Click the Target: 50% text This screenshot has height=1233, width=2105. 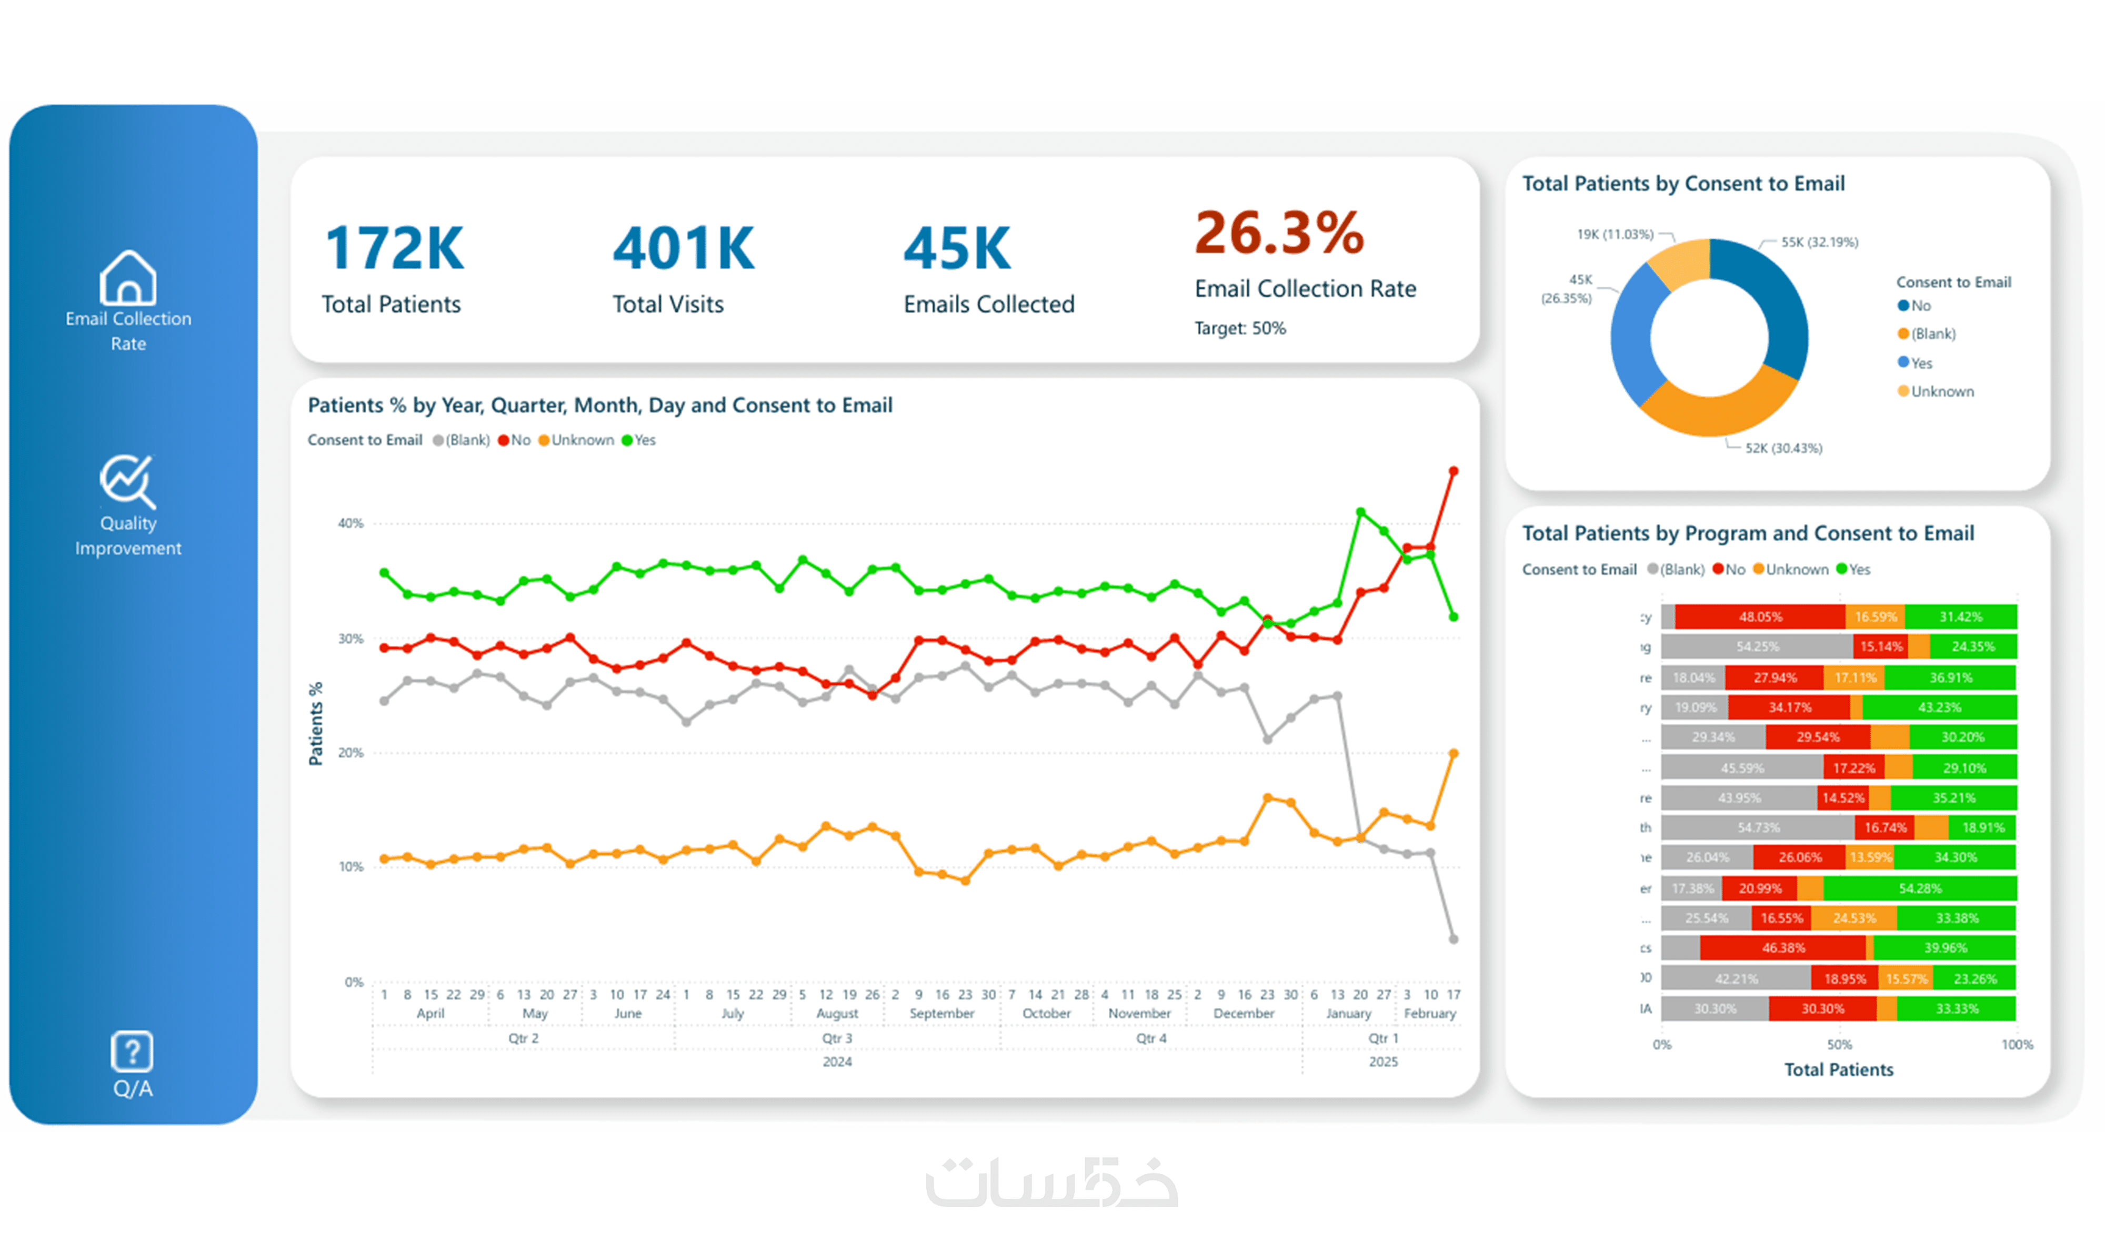[1240, 328]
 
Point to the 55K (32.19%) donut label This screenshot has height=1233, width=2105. [1819, 242]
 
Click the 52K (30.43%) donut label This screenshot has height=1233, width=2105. [1783, 448]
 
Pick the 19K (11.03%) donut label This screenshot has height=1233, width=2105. [1614, 235]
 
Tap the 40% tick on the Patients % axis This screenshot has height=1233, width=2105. [351, 523]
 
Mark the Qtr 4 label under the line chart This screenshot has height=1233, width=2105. [1151, 1038]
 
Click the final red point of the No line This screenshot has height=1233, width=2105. [1454, 472]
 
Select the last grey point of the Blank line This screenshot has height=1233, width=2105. [1454, 939]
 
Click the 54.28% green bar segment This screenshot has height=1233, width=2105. [1920, 888]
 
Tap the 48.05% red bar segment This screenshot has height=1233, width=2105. [1760, 617]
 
